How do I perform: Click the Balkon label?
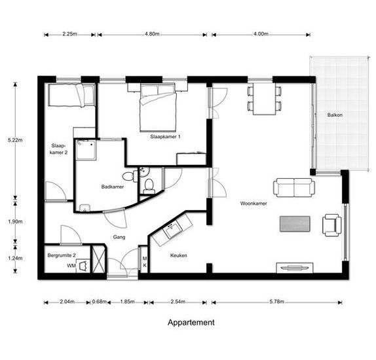point(335,115)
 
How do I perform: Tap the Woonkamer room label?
point(254,204)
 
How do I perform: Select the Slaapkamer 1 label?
point(165,137)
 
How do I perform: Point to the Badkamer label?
point(113,187)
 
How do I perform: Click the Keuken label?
point(179,255)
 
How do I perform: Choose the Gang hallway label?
point(119,237)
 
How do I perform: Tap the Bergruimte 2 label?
point(62,255)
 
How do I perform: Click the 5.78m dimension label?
point(276,302)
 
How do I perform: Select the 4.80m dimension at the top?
point(152,34)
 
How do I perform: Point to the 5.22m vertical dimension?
point(15,140)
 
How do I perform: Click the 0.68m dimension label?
point(100,302)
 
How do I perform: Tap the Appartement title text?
point(191,323)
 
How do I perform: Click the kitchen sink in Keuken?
point(172,230)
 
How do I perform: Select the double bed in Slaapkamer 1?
point(158,107)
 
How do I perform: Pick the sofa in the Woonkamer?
point(294,187)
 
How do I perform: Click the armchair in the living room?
point(332,225)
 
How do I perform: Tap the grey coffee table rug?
point(295,224)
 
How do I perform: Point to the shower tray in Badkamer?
point(86,150)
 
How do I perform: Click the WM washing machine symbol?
point(83,266)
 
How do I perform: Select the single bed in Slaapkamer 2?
point(71,95)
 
